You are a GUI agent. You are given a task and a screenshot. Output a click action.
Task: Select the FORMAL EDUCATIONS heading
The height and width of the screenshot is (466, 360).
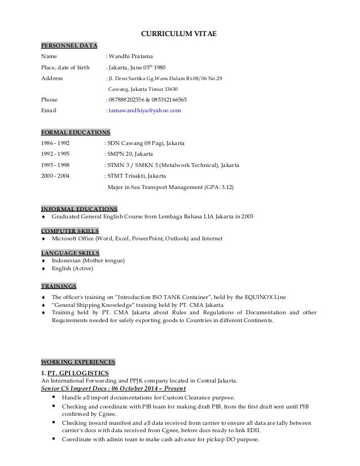[x=76, y=132]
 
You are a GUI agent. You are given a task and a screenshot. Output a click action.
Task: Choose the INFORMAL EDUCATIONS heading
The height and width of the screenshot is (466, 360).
[x=80, y=208]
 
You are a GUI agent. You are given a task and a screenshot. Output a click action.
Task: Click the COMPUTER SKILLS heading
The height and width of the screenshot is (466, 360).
[x=71, y=231]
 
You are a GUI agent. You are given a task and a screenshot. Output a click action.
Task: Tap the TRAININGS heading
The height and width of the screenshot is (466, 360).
[x=59, y=285]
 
